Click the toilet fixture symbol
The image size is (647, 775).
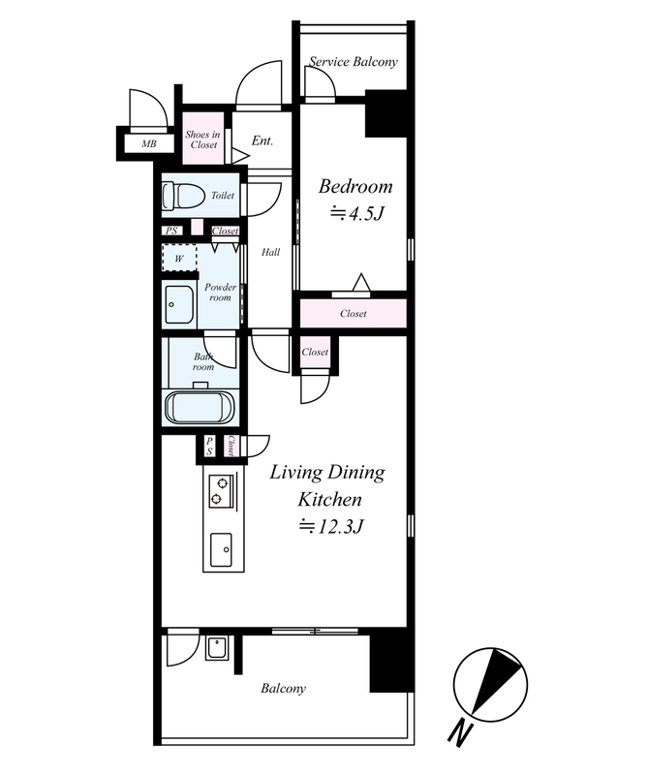[183, 197]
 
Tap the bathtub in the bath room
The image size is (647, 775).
[200, 407]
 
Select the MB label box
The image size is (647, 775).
[149, 143]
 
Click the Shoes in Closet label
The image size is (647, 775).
[203, 139]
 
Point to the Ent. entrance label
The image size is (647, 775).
[262, 140]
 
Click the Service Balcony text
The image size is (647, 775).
[354, 62]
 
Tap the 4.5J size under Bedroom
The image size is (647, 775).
[356, 213]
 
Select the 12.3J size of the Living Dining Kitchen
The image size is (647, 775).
[330, 526]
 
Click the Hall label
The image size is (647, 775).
[270, 252]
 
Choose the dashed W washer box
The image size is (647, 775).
[179, 258]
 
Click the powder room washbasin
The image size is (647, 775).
[179, 304]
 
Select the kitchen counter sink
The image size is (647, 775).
[221, 549]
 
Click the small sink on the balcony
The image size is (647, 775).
[217, 647]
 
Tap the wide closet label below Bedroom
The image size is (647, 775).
[354, 313]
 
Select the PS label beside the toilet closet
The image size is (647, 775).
[171, 231]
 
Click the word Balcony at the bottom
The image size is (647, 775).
[283, 689]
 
